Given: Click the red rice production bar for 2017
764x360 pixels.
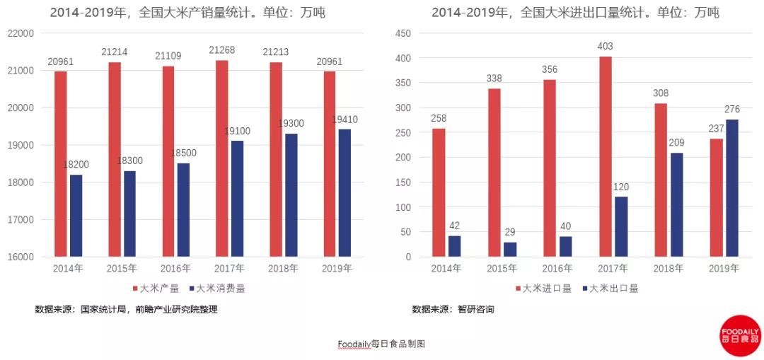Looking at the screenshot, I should [221, 158].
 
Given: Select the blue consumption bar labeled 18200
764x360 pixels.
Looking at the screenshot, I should [76, 216].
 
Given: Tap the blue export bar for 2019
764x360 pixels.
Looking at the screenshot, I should [731, 188].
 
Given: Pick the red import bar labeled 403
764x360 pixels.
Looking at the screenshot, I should [606, 156].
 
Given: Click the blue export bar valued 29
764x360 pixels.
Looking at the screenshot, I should [510, 249].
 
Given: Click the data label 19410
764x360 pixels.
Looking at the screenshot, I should [345, 120].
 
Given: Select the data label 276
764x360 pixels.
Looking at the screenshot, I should [732, 110].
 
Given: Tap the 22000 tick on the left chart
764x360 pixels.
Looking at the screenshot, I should [21, 33].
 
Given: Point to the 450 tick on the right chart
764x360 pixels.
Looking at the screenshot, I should [403, 33].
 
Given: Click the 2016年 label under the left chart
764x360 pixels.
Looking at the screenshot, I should [176, 268].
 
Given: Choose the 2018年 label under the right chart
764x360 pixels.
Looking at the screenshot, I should [668, 268].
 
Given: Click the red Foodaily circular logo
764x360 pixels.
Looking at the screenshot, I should [740, 335].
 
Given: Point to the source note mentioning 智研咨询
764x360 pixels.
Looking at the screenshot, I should [453, 309].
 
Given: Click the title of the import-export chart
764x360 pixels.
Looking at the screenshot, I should [576, 12].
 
